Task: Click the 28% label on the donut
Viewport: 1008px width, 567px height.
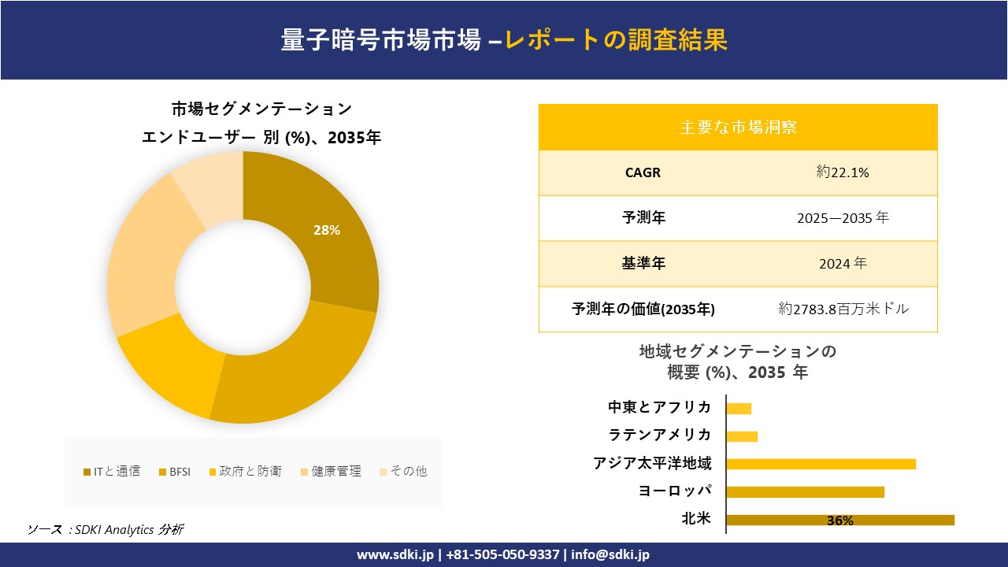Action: click(x=327, y=230)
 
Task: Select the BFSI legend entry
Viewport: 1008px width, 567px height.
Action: click(x=174, y=472)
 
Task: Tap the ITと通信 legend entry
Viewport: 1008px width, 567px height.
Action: click(x=112, y=472)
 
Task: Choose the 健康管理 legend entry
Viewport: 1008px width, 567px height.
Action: click(x=331, y=472)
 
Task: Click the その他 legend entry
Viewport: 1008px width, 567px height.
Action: click(x=403, y=472)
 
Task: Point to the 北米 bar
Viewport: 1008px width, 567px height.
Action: click(x=839, y=520)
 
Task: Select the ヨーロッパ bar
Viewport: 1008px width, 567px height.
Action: click(x=805, y=492)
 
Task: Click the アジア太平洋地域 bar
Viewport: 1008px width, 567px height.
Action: click(x=821, y=464)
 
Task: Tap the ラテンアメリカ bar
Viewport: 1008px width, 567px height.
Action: click(x=742, y=436)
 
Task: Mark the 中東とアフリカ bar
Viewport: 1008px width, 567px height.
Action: click(x=739, y=408)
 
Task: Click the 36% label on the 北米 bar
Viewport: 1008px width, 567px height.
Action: click(x=840, y=521)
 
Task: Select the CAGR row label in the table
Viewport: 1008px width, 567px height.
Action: click(x=643, y=172)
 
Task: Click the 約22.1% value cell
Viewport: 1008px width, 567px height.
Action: click(x=843, y=172)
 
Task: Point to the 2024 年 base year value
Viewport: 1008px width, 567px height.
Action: click(x=843, y=264)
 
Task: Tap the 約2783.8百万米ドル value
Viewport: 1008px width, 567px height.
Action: click(x=843, y=309)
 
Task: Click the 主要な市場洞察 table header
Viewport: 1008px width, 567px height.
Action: click(x=738, y=127)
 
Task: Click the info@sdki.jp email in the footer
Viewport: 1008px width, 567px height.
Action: click(x=610, y=554)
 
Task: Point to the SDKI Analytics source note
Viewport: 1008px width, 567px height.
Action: click(x=106, y=529)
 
